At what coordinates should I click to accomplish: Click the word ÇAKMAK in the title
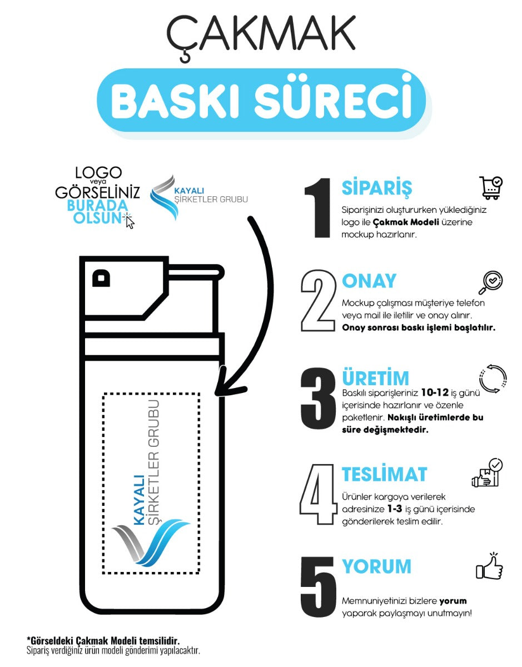click(x=261, y=34)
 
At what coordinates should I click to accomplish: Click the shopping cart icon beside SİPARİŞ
click(x=491, y=188)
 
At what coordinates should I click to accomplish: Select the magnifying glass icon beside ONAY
click(x=490, y=282)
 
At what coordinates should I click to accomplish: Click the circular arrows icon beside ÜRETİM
click(x=493, y=380)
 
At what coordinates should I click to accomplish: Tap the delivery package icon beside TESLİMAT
click(x=487, y=473)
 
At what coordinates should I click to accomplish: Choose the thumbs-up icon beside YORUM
click(x=489, y=567)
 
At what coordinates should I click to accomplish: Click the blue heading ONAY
click(x=369, y=281)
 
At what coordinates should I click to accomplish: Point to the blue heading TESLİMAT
click(x=384, y=474)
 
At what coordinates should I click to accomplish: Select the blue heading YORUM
click(x=376, y=566)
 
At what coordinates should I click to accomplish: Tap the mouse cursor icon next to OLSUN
click(x=130, y=221)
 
